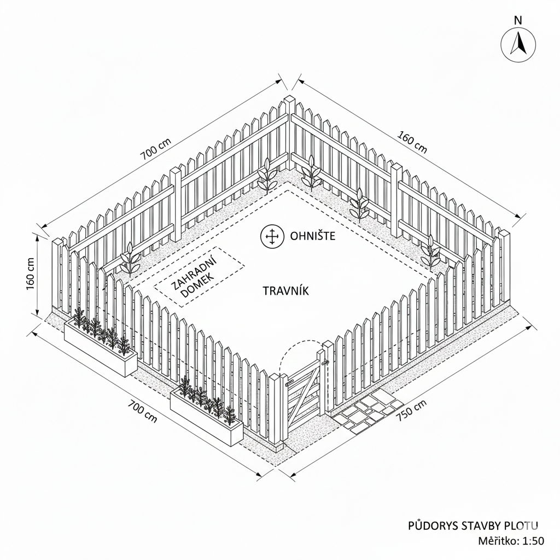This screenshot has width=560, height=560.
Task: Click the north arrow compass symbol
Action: [x=518, y=43]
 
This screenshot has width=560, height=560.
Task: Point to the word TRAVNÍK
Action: [x=286, y=291]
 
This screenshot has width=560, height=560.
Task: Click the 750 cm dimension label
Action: [x=411, y=410]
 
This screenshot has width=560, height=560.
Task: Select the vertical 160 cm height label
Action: [x=30, y=274]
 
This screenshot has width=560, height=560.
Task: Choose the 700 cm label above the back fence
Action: [x=156, y=148]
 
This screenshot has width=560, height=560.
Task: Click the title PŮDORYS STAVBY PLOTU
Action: [x=473, y=526]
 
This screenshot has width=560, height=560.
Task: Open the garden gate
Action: [x=304, y=392]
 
